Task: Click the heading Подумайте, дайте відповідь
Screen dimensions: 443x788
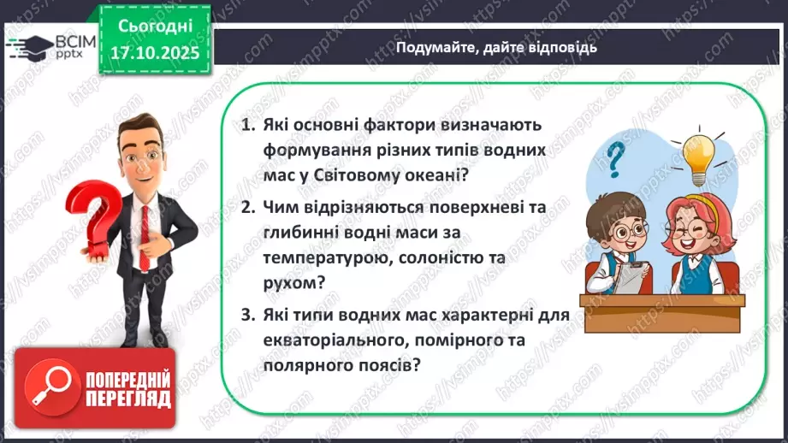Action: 496,47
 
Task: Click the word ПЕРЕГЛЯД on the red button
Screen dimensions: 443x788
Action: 127,399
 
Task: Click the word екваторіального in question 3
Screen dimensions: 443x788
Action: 327,340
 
